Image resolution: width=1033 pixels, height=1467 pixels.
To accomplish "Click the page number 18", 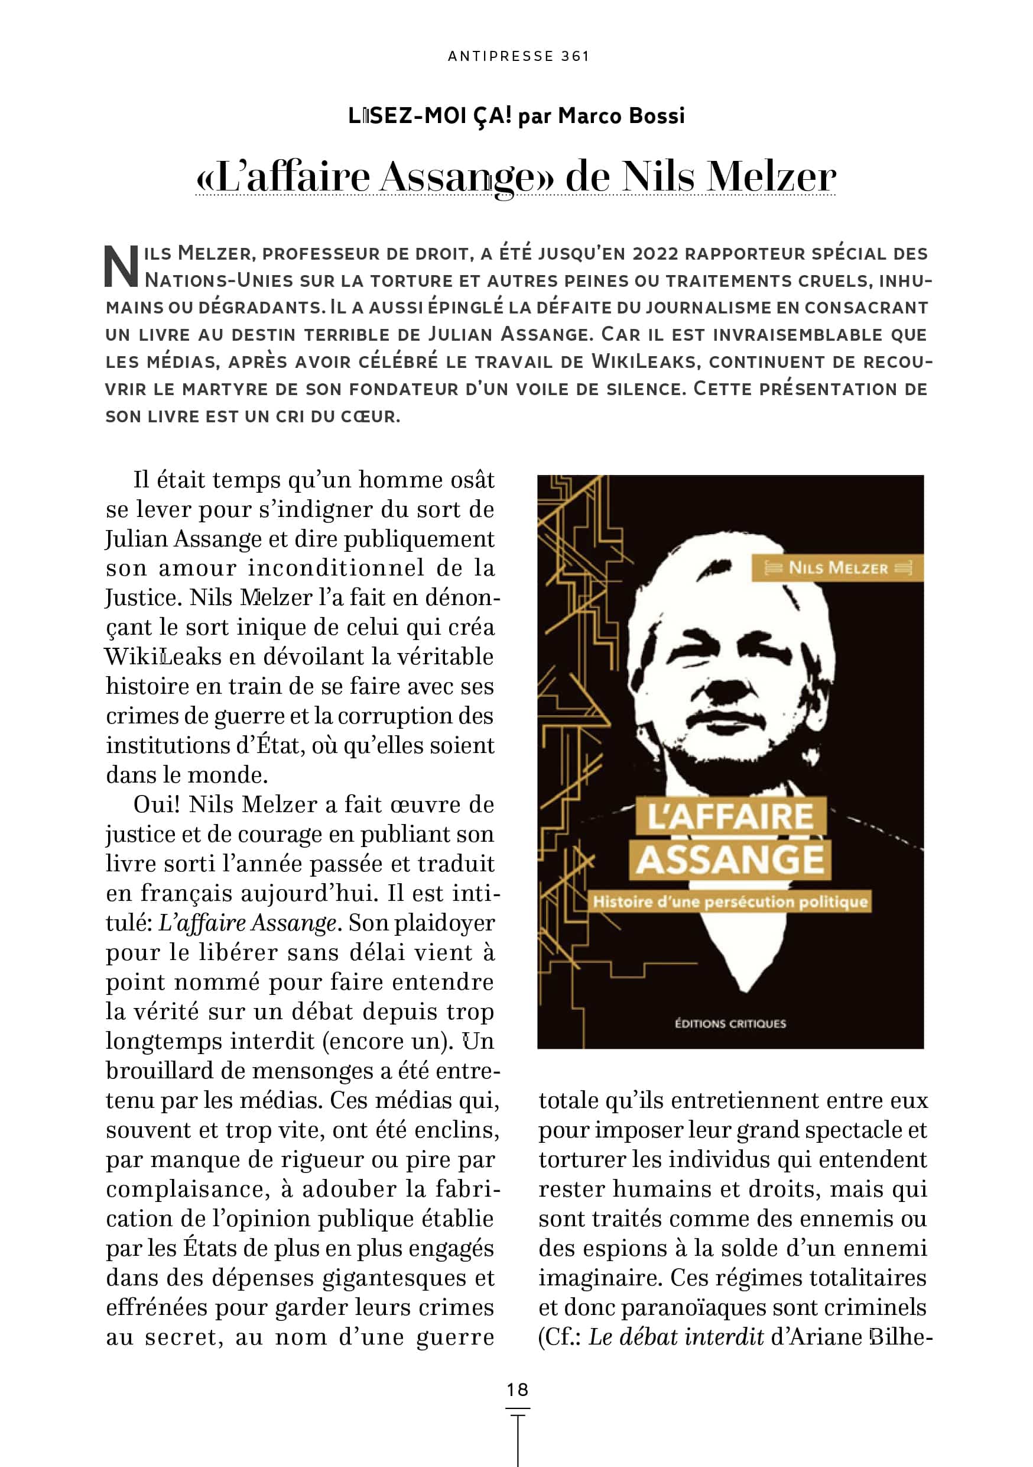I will point(517,1389).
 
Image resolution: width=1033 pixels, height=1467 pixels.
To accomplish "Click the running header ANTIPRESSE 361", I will point(518,56).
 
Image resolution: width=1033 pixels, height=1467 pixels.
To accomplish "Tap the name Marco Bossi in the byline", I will point(621,116).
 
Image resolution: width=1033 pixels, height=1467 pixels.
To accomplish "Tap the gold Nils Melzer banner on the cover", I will point(837,567).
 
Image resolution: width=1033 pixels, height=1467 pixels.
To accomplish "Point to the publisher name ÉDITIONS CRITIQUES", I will point(730,1023).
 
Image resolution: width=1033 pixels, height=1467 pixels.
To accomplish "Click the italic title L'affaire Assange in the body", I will point(247,923).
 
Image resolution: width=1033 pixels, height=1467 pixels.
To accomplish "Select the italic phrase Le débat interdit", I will point(675,1337).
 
